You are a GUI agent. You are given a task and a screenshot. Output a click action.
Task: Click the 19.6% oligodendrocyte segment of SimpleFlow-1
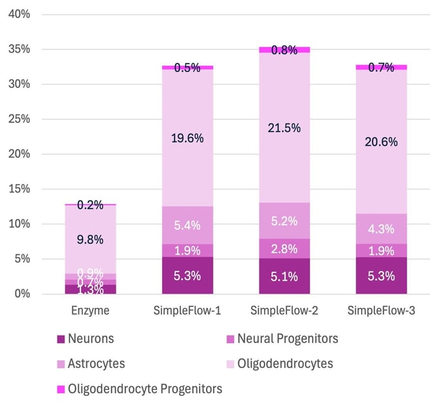(x=187, y=137)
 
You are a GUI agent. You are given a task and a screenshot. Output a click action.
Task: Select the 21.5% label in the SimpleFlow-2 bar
(x=284, y=128)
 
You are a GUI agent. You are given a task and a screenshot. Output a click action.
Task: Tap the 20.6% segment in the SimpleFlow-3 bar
(x=382, y=142)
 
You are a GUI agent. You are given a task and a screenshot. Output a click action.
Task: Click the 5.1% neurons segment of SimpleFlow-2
(x=284, y=276)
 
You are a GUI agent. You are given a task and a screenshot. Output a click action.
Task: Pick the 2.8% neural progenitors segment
(x=284, y=248)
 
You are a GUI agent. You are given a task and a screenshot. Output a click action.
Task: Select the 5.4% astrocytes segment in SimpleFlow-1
(x=187, y=225)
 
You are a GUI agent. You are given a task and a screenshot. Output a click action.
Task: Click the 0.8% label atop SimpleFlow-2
(x=284, y=50)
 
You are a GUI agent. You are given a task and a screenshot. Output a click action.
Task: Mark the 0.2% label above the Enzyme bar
(x=90, y=205)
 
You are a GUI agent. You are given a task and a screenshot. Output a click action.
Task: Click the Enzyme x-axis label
(x=90, y=311)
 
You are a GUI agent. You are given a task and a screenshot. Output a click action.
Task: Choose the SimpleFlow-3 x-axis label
(x=382, y=311)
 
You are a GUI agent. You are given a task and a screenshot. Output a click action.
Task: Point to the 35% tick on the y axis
(x=19, y=50)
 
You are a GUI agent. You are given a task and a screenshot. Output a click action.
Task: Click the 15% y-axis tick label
(x=19, y=189)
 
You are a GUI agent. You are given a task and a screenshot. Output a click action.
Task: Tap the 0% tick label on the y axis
(x=23, y=294)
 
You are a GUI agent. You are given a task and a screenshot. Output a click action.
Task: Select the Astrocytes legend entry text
(x=96, y=364)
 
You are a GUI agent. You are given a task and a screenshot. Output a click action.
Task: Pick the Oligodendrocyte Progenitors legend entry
(x=145, y=389)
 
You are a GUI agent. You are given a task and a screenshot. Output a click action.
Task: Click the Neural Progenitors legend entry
(x=288, y=339)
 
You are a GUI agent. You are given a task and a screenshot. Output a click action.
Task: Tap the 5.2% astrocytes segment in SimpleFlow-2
(x=284, y=221)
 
